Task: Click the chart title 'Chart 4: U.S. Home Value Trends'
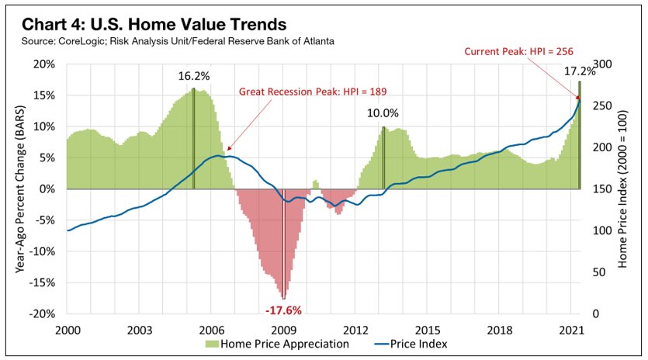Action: [144, 22]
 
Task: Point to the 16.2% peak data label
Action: [192, 78]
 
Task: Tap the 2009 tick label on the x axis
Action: [284, 330]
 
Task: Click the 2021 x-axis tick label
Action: [571, 330]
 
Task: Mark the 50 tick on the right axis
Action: [599, 272]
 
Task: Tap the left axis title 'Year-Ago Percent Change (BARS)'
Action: [18, 189]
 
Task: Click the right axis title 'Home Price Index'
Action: [622, 189]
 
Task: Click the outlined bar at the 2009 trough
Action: [284, 244]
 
